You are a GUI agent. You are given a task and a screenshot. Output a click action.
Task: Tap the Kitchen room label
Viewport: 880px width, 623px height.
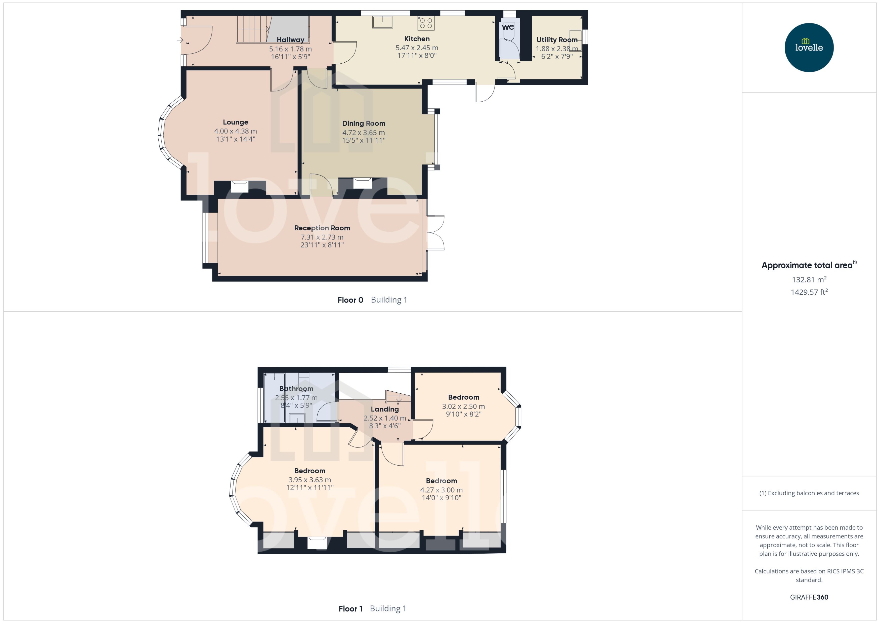pyautogui.click(x=417, y=39)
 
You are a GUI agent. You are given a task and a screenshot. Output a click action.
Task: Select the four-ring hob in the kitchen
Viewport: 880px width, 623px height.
pyautogui.click(x=426, y=23)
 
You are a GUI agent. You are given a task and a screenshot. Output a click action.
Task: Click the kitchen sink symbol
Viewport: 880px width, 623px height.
pyautogui.click(x=382, y=22)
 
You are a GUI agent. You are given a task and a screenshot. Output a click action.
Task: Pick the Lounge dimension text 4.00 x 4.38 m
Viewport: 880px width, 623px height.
pyautogui.click(x=235, y=131)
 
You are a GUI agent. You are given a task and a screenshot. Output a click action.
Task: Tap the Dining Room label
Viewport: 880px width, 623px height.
pyautogui.click(x=364, y=123)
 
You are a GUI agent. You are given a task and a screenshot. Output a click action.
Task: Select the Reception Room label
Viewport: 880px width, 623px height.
pyautogui.click(x=322, y=228)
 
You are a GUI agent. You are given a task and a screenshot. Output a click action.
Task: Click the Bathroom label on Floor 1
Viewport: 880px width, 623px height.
pyautogui.click(x=296, y=389)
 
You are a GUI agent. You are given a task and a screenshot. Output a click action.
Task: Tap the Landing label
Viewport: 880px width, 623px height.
pyautogui.click(x=385, y=409)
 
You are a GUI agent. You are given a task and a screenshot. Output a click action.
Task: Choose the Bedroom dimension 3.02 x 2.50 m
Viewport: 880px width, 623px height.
pyautogui.click(x=463, y=406)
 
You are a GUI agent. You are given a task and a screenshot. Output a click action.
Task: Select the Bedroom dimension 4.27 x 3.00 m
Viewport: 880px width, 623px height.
pyautogui.click(x=441, y=490)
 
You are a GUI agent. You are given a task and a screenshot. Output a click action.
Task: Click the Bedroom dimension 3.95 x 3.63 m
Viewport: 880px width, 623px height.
pyautogui.click(x=310, y=480)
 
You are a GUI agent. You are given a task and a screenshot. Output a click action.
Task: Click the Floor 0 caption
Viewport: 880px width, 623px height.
pyautogui.click(x=350, y=300)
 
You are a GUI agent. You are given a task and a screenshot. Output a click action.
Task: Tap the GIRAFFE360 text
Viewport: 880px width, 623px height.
pyautogui.click(x=809, y=597)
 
